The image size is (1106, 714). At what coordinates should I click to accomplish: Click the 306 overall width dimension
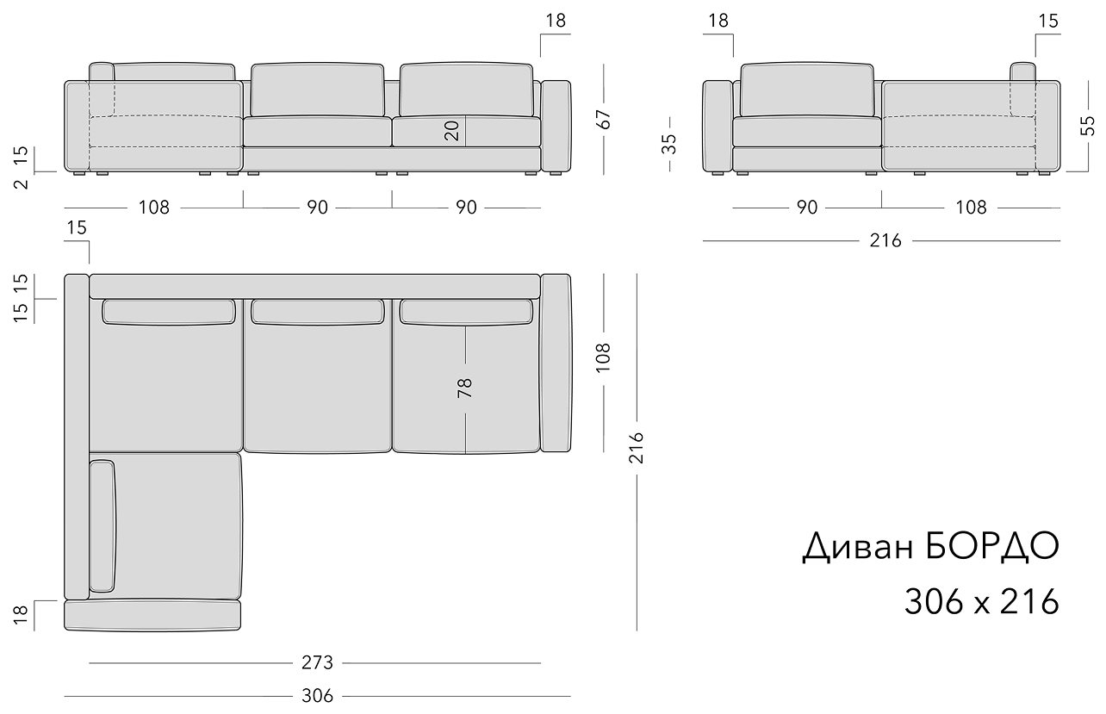click(x=318, y=696)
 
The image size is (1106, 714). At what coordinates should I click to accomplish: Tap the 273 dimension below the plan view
click(x=318, y=663)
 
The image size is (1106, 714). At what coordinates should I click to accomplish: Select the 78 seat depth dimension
click(x=465, y=388)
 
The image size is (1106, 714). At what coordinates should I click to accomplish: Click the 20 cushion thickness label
click(x=451, y=131)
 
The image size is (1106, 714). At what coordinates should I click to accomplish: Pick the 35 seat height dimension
click(x=669, y=144)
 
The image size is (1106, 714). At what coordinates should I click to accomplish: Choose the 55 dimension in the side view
click(x=1088, y=126)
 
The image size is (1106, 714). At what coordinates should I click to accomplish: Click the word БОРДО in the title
click(x=992, y=547)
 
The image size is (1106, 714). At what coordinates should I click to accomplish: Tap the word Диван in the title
click(x=858, y=548)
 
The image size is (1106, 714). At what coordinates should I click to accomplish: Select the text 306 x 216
click(x=982, y=602)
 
